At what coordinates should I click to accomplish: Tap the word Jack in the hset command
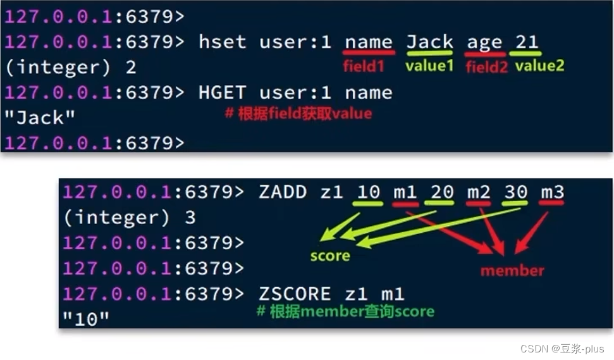click(429, 42)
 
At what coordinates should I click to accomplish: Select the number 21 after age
click(526, 42)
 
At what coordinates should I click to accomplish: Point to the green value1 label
click(429, 65)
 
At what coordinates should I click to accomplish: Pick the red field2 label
click(487, 66)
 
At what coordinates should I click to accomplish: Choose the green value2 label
click(539, 65)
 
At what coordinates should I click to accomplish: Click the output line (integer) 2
click(70, 68)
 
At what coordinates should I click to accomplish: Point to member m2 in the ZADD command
click(478, 192)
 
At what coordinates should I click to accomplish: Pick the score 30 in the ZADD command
click(515, 192)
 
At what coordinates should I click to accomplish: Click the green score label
click(330, 256)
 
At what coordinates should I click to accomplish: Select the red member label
click(512, 271)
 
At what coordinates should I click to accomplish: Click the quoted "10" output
click(87, 318)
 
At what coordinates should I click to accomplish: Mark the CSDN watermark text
click(562, 349)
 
